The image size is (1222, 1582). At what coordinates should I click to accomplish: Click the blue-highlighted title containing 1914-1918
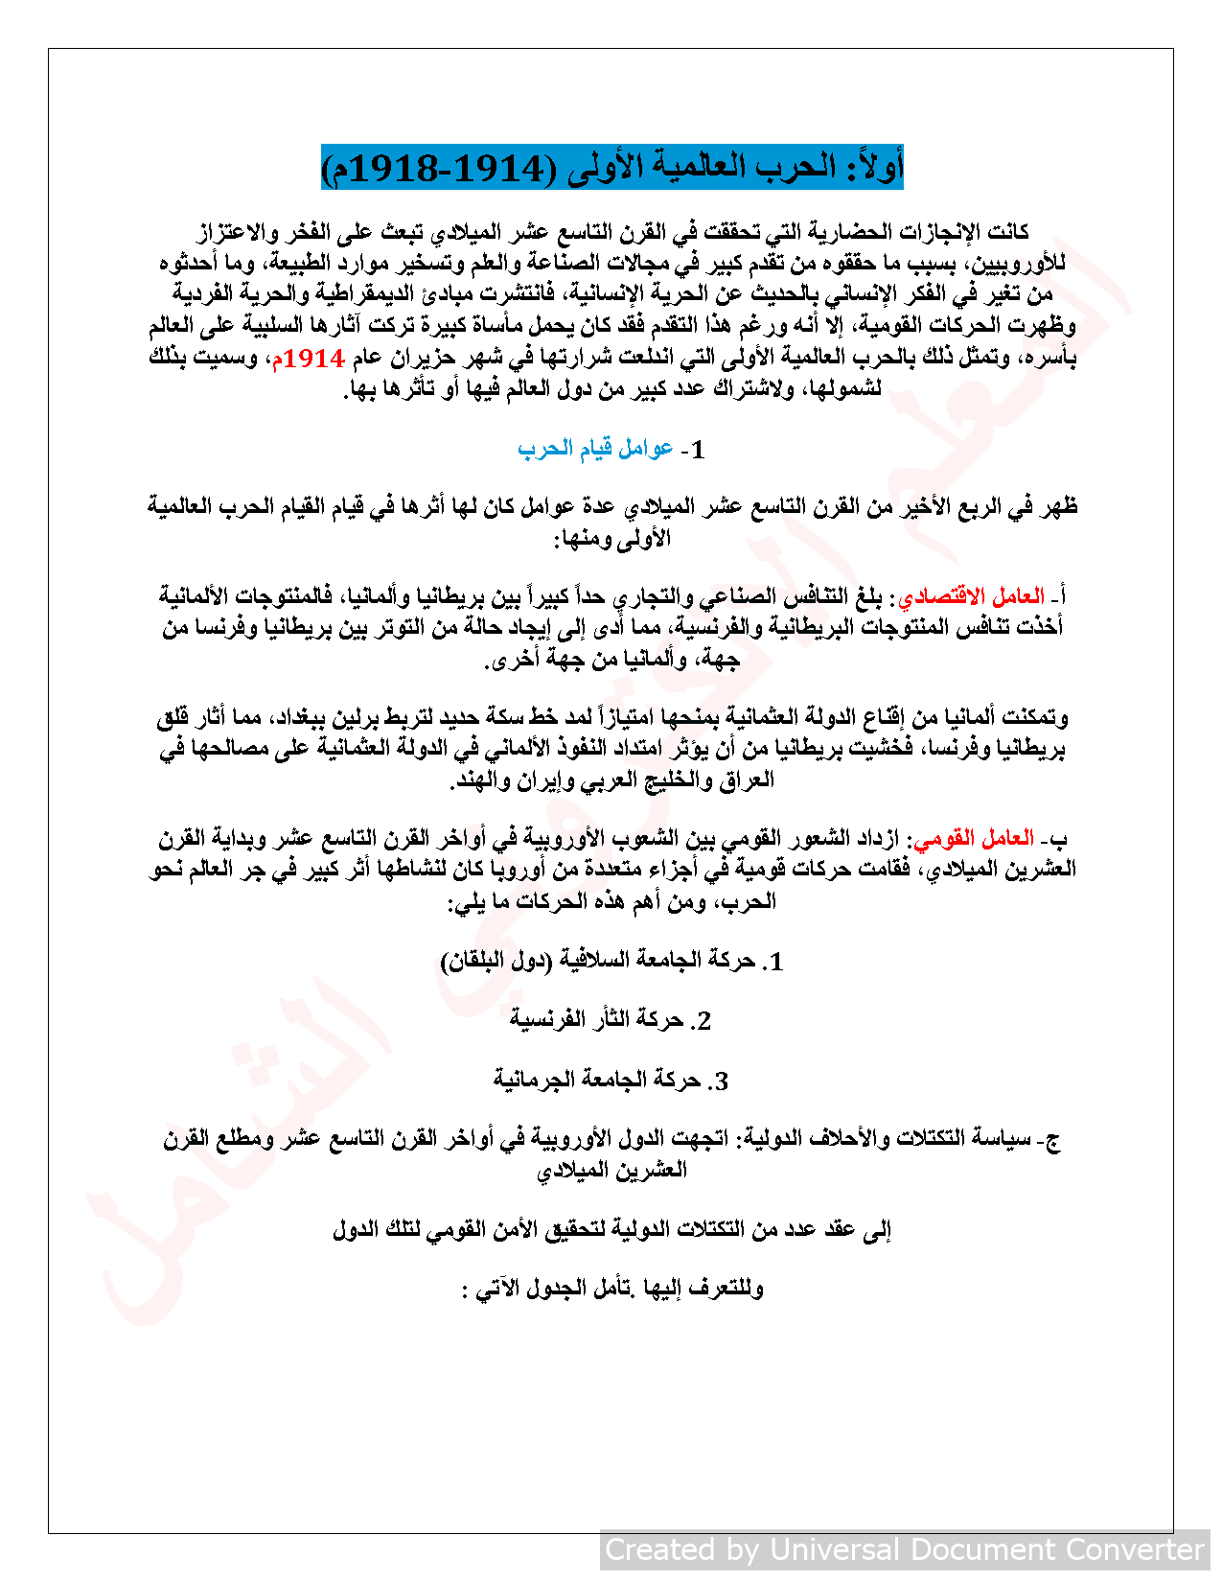(x=612, y=168)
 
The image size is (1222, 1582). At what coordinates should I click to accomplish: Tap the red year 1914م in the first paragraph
(x=308, y=359)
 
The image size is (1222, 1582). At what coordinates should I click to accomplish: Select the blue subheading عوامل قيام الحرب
(x=595, y=448)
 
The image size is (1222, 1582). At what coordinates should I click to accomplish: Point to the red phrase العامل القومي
(x=975, y=839)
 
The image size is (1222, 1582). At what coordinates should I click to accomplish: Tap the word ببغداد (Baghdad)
(x=291, y=717)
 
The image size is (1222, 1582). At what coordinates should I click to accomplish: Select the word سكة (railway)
(x=511, y=717)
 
